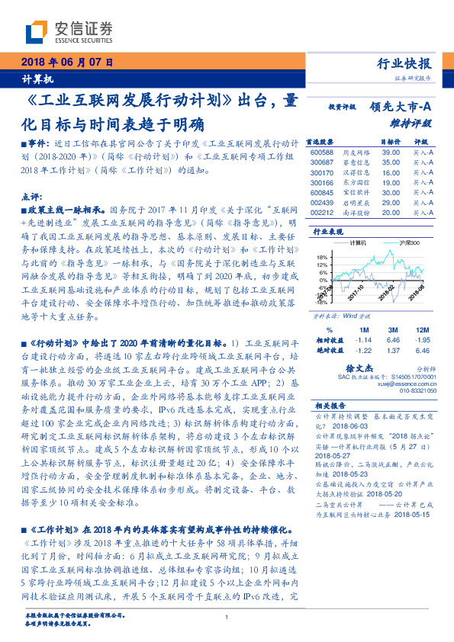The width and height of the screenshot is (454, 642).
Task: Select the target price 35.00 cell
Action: coord(391,162)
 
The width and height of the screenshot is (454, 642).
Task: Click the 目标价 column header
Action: coord(390,142)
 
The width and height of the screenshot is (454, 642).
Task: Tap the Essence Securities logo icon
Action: coord(37,34)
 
